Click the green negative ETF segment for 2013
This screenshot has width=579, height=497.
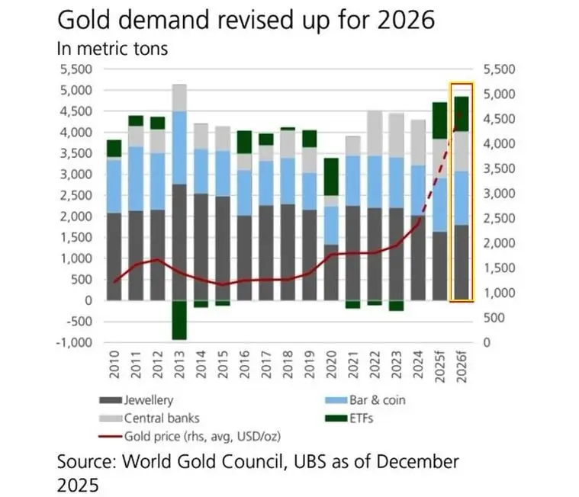point(179,319)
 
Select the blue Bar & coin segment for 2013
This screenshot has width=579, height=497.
point(179,147)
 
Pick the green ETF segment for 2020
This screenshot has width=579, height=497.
point(332,177)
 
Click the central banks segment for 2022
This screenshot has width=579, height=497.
point(375,133)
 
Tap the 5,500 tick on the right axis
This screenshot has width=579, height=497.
point(500,69)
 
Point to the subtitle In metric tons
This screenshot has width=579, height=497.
point(112,48)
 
